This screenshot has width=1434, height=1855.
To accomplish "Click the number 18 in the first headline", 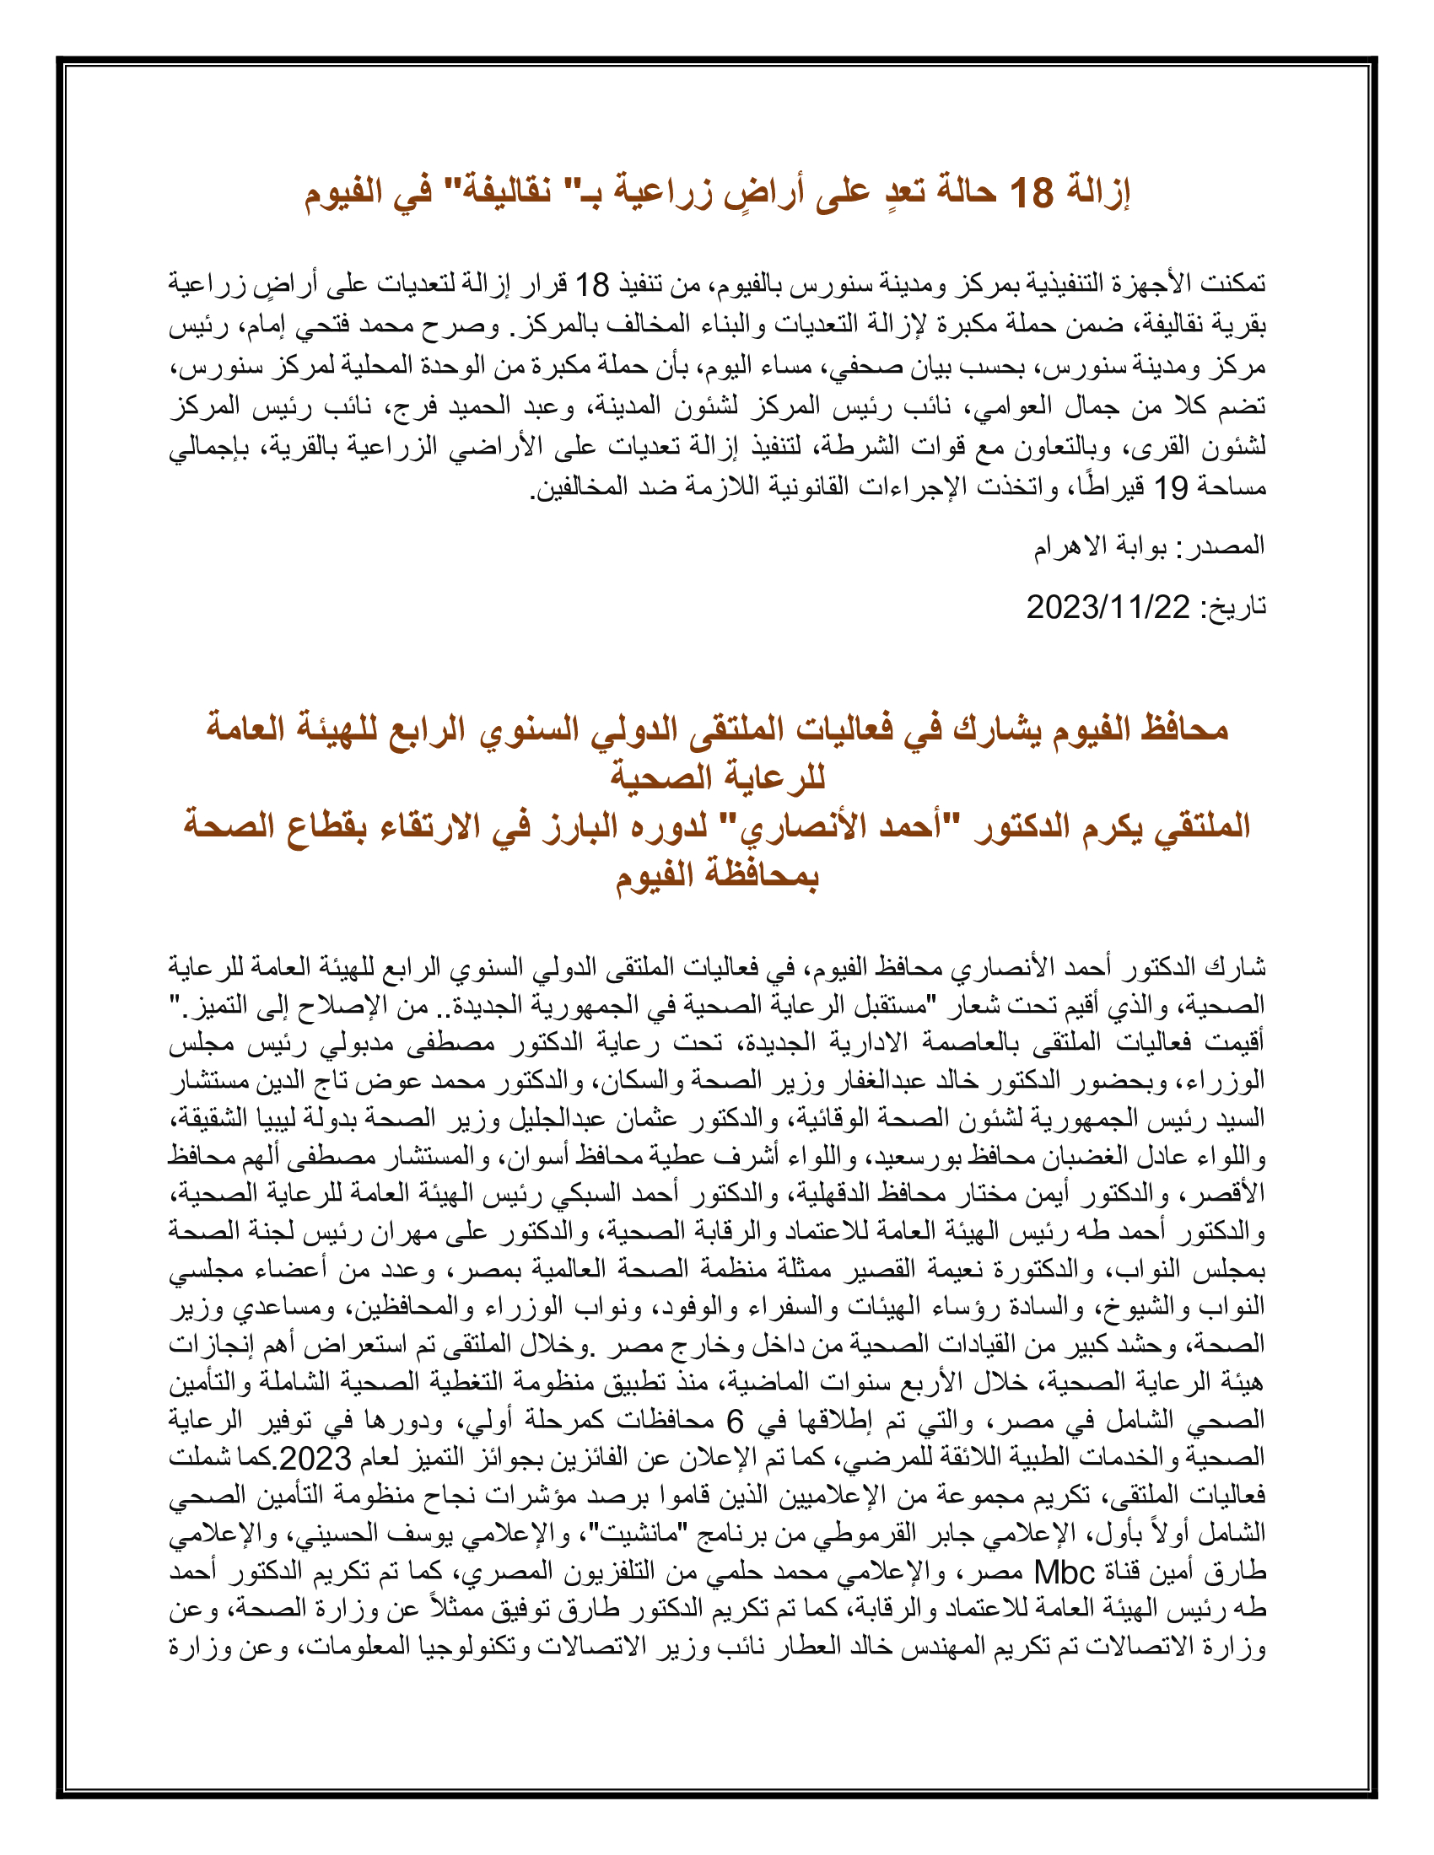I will (x=1031, y=194).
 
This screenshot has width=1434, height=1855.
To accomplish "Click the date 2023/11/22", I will (x=1108, y=607).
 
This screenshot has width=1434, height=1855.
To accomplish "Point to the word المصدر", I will (x=1231, y=546).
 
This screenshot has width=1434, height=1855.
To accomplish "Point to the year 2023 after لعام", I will (x=315, y=1459).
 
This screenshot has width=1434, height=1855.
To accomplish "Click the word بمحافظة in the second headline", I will (x=757, y=875).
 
